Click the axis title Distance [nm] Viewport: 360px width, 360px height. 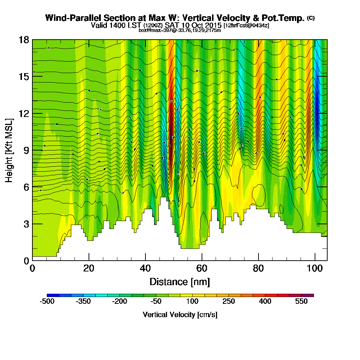(180, 282)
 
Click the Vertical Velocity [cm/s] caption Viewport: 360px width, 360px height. (180, 315)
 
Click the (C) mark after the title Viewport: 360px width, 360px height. (311, 18)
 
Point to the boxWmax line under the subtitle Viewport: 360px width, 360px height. (180, 30)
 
